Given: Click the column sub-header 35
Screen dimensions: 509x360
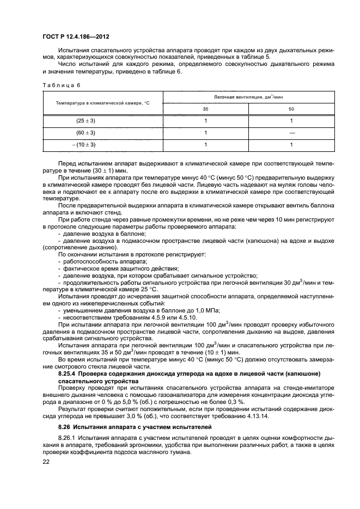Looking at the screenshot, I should click(206, 109).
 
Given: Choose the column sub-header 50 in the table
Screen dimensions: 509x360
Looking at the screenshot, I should click(291, 109).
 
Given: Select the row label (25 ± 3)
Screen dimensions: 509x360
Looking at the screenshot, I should click(86, 121).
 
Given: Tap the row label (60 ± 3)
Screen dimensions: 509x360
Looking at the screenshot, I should click(86, 133).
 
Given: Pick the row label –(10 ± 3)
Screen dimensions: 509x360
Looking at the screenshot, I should click(84, 145).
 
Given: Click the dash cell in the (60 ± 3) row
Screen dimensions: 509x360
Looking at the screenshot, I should click(291, 133).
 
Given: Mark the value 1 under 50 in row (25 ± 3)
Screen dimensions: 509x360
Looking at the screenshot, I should click(291, 121).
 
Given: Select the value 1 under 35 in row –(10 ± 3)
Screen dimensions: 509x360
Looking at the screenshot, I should click(206, 145).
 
